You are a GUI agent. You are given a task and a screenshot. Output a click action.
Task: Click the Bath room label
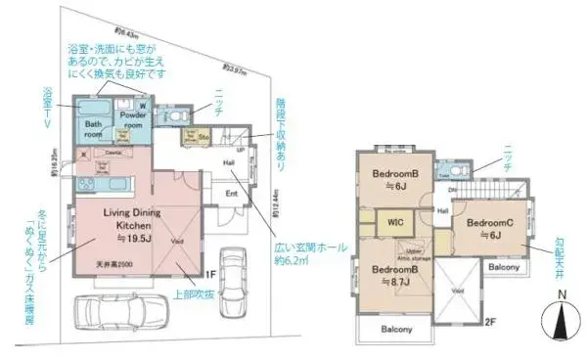tap(94, 130)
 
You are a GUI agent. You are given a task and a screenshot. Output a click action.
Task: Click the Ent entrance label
tap(232, 194)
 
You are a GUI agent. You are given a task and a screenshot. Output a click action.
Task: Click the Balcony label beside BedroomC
tap(504, 266)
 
